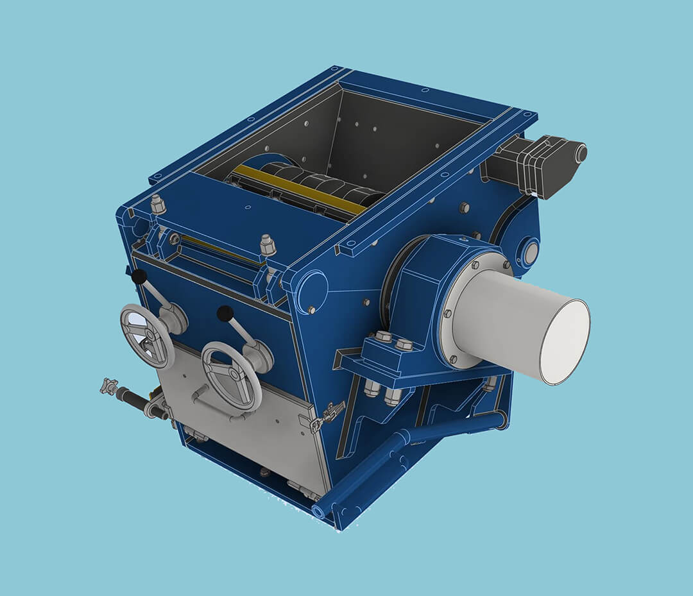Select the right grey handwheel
(x=230, y=376)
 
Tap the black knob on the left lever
(x=139, y=277)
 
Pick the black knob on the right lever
(x=225, y=314)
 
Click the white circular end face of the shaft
(x=564, y=342)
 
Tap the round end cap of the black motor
(x=581, y=153)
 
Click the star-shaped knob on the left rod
(x=108, y=386)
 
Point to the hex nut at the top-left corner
(x=157, y=205)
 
